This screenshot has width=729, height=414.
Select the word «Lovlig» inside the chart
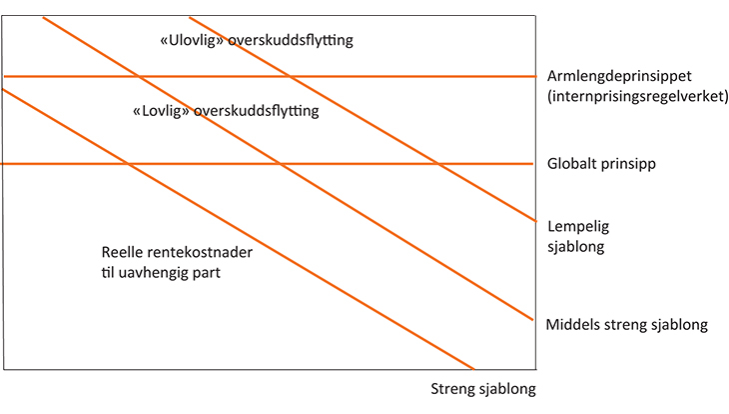pyautogui.click(x=162, y=111)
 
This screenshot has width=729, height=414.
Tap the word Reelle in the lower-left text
pyautogui.click(x=124, y=252)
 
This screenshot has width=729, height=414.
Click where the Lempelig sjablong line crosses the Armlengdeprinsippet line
pyautogui.click(x=290, y=76)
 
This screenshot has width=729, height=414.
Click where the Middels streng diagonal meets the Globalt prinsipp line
pyautogui.click(x=279, y=163)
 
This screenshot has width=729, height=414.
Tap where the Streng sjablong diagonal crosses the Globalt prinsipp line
pyautogui.click(x=128, y=163)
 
